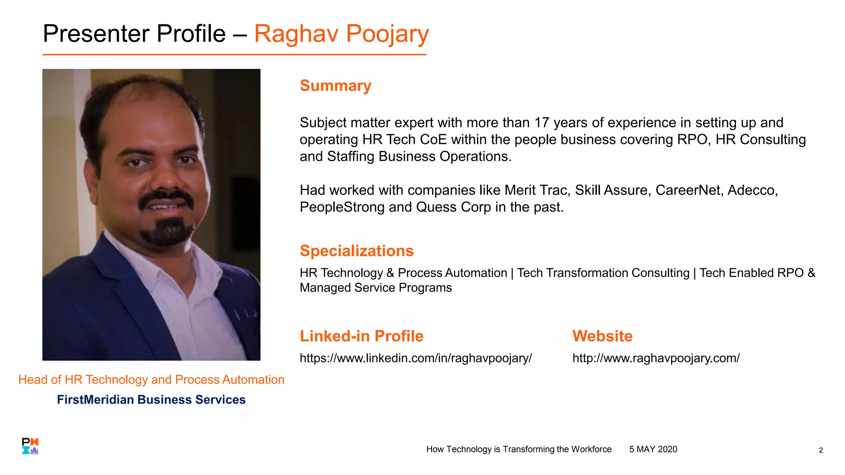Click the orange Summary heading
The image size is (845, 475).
tap(335, 86)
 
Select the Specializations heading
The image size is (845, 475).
tap(356, 251)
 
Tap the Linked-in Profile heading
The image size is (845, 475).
tap(361, 336)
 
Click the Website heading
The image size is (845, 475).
tap(602, 336)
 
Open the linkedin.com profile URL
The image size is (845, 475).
tap(415, 358)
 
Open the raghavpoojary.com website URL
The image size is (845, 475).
tap(656, 358)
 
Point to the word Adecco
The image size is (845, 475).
tap(752, 190)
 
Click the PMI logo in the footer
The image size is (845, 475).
tap(30, 446)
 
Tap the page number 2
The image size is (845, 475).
tap(821, 450)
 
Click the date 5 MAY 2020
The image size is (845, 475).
tap(653, 449)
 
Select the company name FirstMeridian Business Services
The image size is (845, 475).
tap(151, 400)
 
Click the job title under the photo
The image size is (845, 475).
tap(151, 379)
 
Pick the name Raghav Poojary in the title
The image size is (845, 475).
tap(341, 34)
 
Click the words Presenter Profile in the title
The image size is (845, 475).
tap(134, 34)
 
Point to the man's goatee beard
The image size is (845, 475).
tap(167, 233)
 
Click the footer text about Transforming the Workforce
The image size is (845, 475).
tap(519, 449)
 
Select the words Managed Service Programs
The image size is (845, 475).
tap(375, 288)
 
